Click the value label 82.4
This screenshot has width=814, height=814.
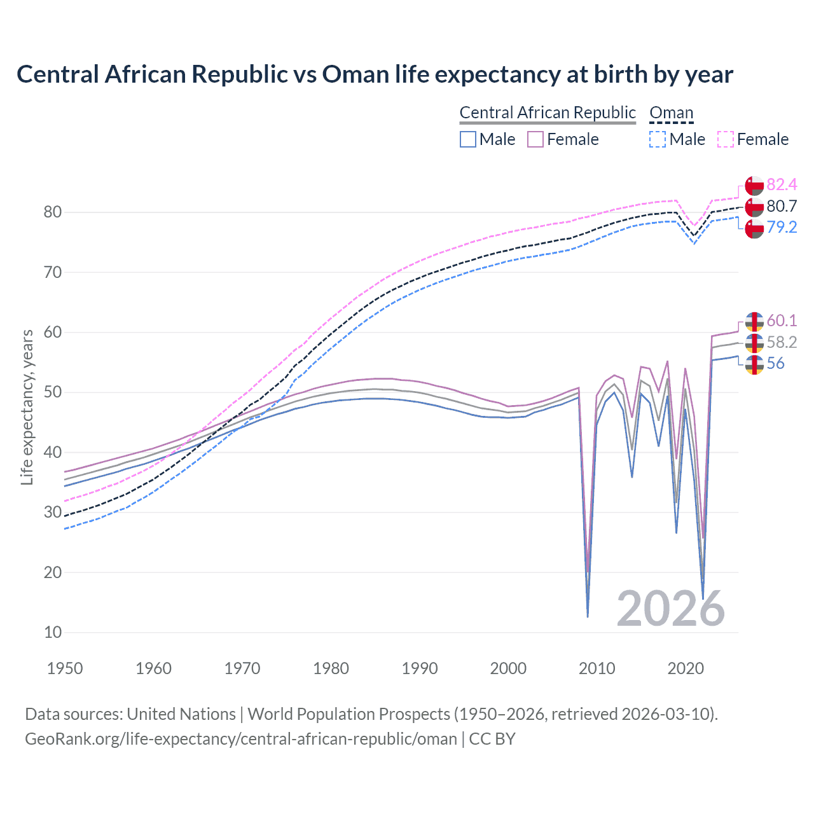click(782, 185)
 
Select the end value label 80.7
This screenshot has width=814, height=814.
click(782, 206)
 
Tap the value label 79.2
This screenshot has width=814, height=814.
click(782, 228)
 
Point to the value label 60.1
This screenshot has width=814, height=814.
click(782, 321)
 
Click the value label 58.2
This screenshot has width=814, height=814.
click(782, 342)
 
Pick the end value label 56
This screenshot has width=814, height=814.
click(775, 364)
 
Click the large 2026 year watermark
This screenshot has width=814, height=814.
click(671, 609)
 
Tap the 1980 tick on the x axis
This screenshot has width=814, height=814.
click(331, 668)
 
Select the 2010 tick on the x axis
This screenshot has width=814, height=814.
click(597, 668)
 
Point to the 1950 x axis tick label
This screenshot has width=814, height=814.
click(66, 668)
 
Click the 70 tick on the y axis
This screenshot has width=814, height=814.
click(52, 272)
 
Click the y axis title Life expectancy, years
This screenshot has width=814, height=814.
click(27, 407)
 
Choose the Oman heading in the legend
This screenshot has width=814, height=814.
click(671, 113)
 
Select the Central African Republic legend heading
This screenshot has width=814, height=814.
click(548, 113)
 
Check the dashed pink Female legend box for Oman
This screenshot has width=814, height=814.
click(726, 139)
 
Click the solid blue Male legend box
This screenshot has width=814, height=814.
click(468, 139)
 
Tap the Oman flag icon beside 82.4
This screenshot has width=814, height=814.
click(754, 185)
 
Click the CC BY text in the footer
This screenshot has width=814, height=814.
click(492, 739)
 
